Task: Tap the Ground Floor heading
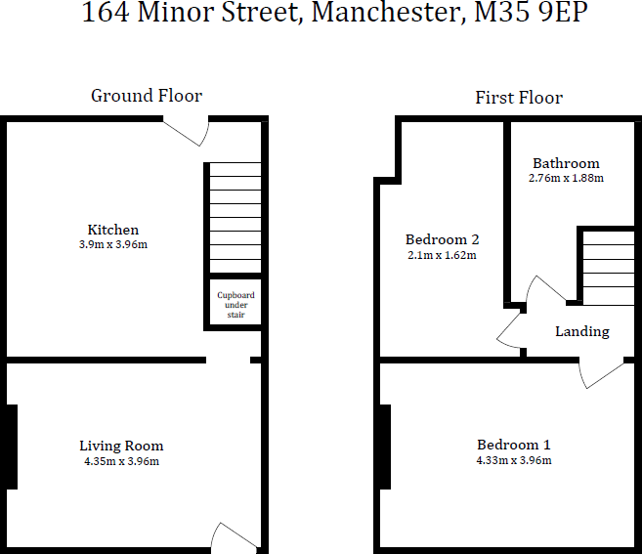147,96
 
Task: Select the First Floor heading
519,97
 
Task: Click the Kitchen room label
113,230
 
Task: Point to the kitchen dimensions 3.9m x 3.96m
113,244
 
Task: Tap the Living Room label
121,447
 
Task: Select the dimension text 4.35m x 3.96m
121,461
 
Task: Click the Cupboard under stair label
235,305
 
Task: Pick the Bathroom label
566,163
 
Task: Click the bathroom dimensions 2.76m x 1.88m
566,178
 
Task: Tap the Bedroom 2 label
442,239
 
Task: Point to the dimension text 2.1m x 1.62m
442,255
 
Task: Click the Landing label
582,331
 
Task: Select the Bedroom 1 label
514,445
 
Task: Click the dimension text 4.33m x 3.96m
514,460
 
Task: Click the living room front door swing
233,535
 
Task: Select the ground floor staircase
235,218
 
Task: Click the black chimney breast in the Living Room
11,447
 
